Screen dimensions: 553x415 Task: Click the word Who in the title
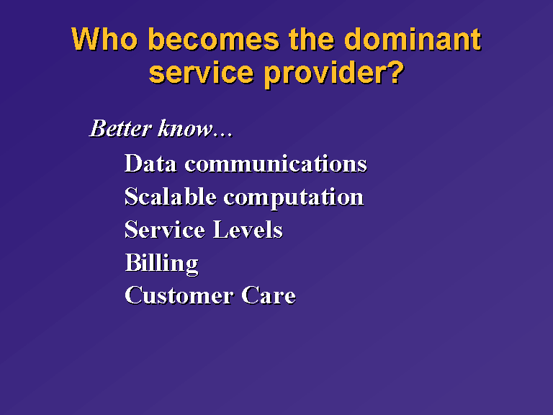coord(104,39)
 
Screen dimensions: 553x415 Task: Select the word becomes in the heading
coord(214,39)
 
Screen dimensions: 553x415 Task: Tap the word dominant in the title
coord(413,39)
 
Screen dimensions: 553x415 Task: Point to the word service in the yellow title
coord(202,72)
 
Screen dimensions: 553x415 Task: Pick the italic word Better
coord(121,128)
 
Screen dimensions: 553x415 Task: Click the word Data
coord(150,164)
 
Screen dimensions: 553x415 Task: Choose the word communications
coord(276,164)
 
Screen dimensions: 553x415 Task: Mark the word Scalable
coord(171,197)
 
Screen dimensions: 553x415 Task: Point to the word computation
coord(294,198)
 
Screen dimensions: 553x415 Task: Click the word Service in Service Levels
coord(165,230)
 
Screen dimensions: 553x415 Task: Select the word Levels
coord(248,230)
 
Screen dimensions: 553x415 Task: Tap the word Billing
coord(161,264)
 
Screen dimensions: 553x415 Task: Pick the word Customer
coord(179,295)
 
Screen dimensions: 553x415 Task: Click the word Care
coord(269,295)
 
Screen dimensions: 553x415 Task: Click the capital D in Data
coord(133,163)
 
